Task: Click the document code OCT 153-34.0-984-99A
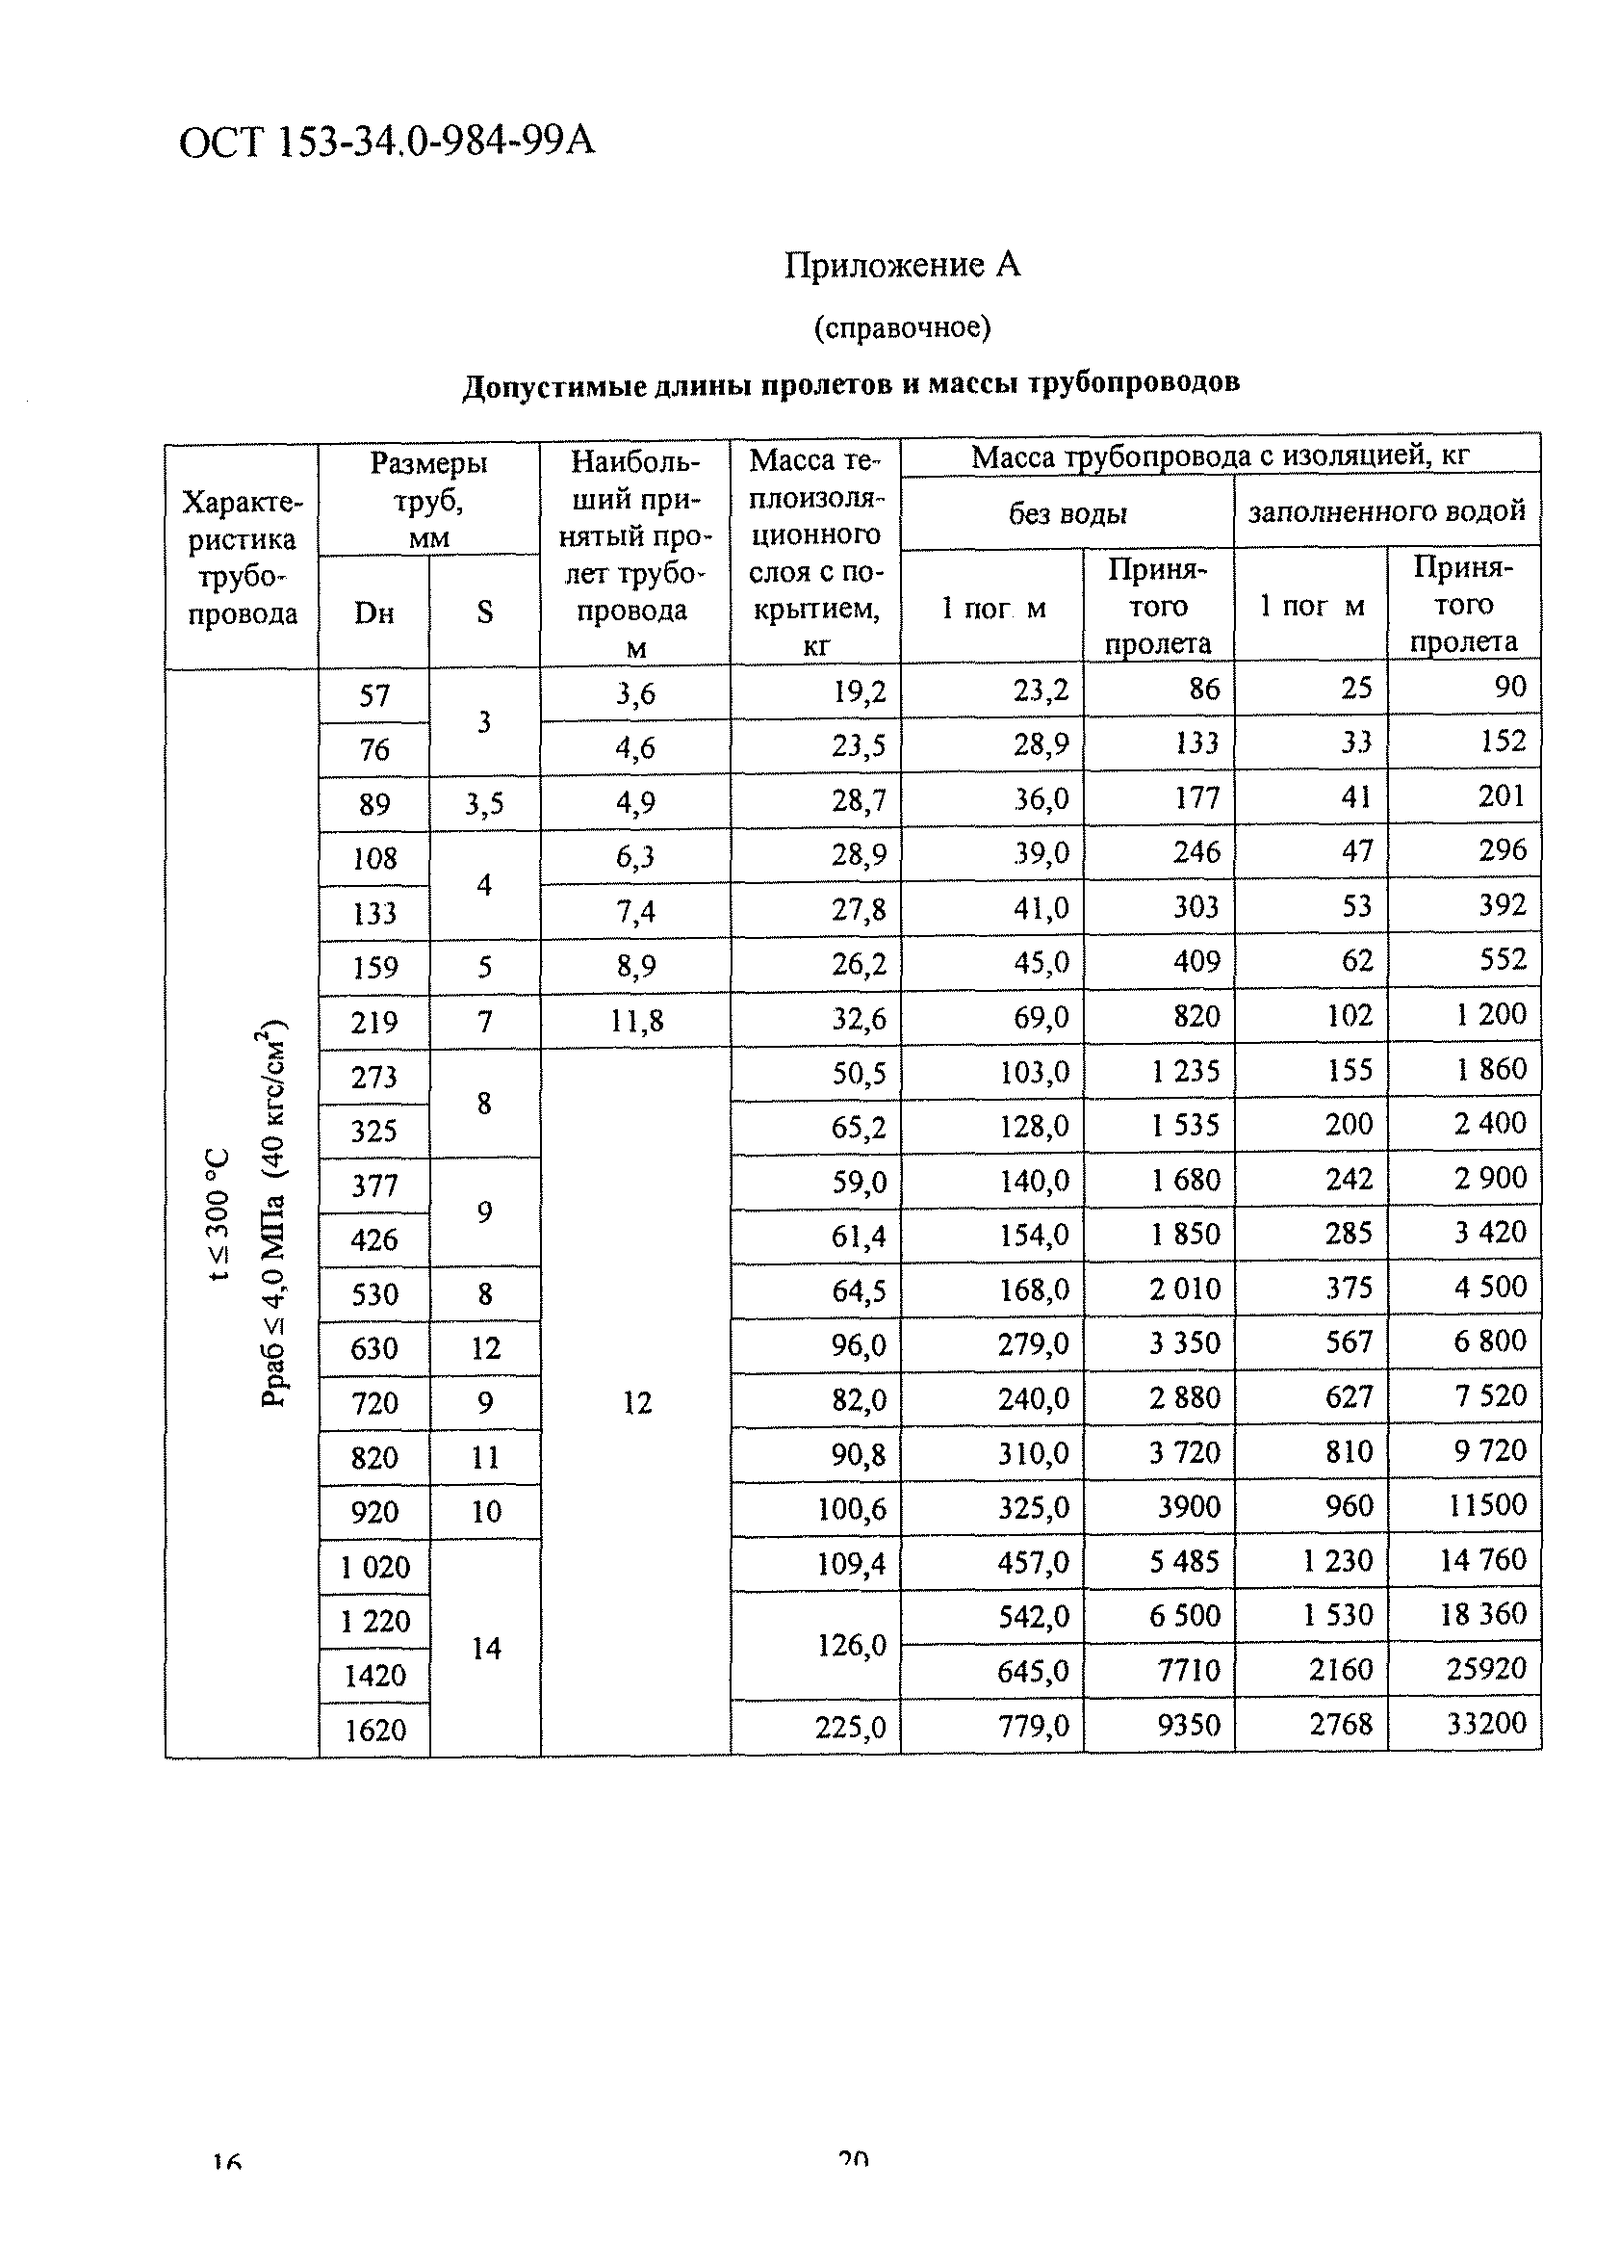pos(387,142)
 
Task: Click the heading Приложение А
pos(902,265)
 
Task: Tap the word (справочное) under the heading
pos(902,327)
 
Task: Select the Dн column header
pos(374,612)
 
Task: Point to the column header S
pos(485,612)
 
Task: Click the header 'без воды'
pos(1067,514)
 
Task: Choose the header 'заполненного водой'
pos(1386,510)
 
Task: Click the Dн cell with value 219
pos(374,1022)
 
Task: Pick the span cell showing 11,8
pos(636,1020)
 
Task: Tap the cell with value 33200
pos(1486,1723)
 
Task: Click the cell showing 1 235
pos(1185,1072)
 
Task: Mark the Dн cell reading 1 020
pos(374,1567)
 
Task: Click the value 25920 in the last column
pos(1486,1668)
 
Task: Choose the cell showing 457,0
pos(1034,1562)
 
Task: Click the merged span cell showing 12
pos(636,1403)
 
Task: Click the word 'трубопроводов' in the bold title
pos(1133,382)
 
